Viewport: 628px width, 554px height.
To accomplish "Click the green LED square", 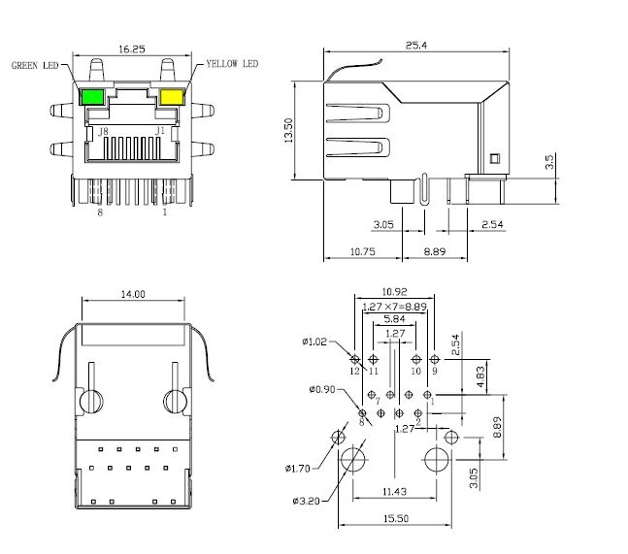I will [94, 96].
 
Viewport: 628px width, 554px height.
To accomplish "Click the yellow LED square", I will [173, 96].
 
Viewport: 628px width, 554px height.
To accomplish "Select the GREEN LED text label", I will [35, 66].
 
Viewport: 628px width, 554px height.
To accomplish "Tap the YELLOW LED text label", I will [232, 64].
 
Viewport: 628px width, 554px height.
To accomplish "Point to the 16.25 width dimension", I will [132, 48].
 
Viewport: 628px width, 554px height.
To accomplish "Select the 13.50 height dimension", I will [288, 132].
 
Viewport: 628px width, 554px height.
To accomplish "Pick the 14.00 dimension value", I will [132, 294].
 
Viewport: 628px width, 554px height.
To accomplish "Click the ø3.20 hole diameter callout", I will [307, 501].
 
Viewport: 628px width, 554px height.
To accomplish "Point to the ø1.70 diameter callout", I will [300, 469].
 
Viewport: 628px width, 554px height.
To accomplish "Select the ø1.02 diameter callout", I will [316, 342].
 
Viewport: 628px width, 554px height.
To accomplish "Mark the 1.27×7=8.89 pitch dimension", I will [393, 306].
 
